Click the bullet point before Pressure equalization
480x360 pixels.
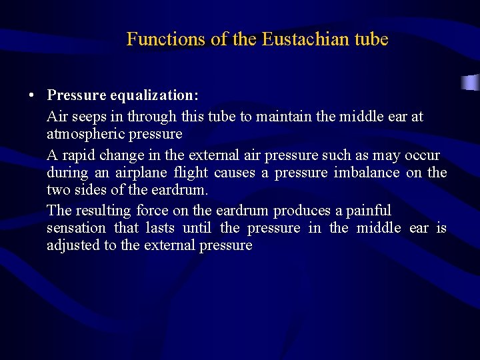point(32,95)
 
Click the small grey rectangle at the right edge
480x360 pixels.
point(471,83)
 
